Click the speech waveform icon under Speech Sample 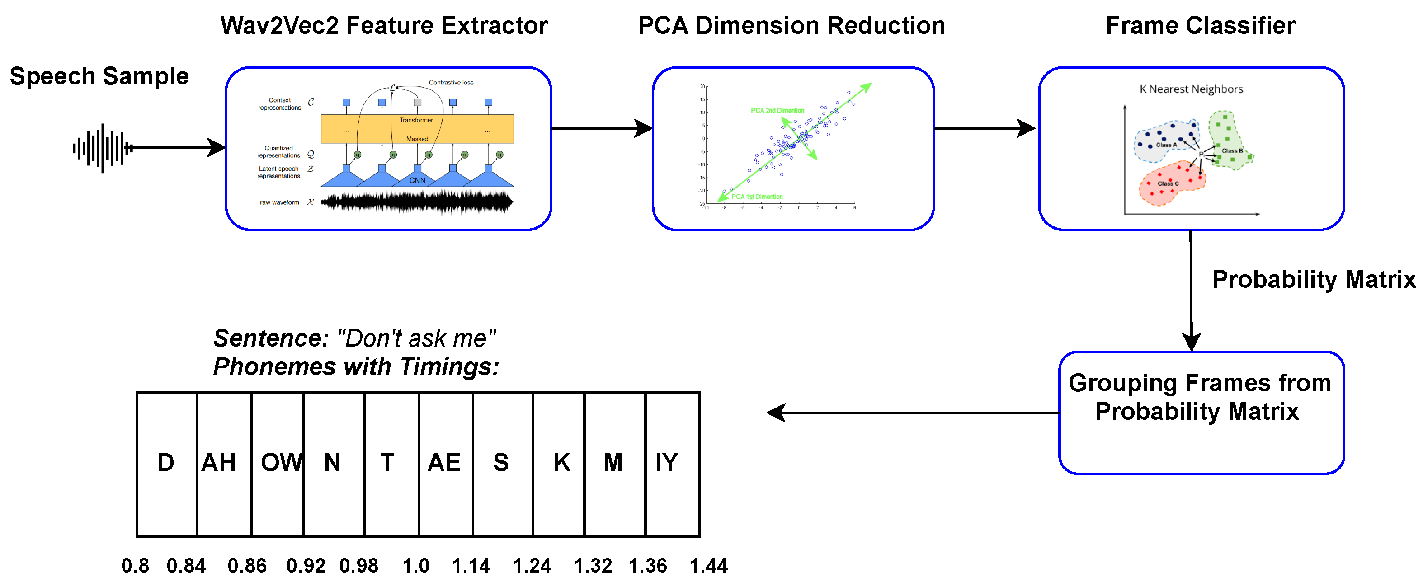pyautogui.click(x=103, y=148)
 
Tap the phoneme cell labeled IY pyautogui.click(x=672, y=463)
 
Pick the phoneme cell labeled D pyautogui.click(x=166, y=463)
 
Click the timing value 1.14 pyautogui.click(x=471, y=565)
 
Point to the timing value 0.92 pyautogui.click(x=306, y=565)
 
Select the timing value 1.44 pyautogui.click(x=709, y=565)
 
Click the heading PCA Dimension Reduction pyautogui.click(x=791, y=26)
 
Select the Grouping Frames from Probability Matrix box pyautogui.click(x=1201, y=413)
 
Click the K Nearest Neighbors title pyautogui.click(x=1191, y=89)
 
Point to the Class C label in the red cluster pyautogui.click(x=1168, y=184)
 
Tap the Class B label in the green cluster pyautogui.click(x=1232, y=151)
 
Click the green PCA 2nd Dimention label pyautogui.click(x=777, y=110)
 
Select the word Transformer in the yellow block pyautogui.click(x=416, y=120)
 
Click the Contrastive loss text pyautogui.click(x=451, y=83)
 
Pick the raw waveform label pyautogui.click(x=279, y=202)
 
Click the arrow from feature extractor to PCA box pyautogui.click(x=602, y=129)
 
